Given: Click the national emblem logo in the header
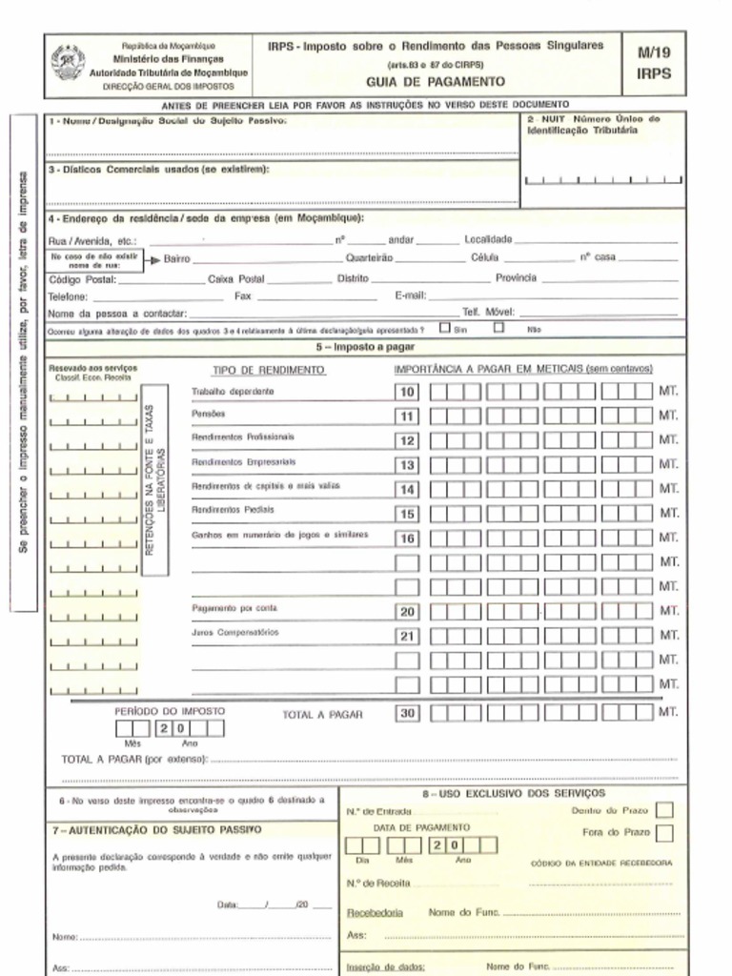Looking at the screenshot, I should [68, 62].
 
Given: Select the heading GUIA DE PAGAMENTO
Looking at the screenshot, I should [435, 82].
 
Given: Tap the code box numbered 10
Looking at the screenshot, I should [407, 392].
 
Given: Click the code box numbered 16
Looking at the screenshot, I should [407, 538].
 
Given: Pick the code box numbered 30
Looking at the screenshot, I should [407, 712].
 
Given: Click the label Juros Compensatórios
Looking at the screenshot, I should [234, 632].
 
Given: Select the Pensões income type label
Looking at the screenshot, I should [208, 415].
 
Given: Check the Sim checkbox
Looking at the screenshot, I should [445, 328].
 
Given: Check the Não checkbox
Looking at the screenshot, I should [498, 328].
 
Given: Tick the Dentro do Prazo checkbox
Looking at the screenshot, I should [664, 809].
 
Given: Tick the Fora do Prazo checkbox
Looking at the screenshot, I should [664, 833].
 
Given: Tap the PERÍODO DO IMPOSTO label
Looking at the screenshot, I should [170, 711].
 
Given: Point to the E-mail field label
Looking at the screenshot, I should [410, 295].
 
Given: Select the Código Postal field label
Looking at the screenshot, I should [82, 279].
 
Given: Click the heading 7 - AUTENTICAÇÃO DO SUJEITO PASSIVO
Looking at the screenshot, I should [156, 830].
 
